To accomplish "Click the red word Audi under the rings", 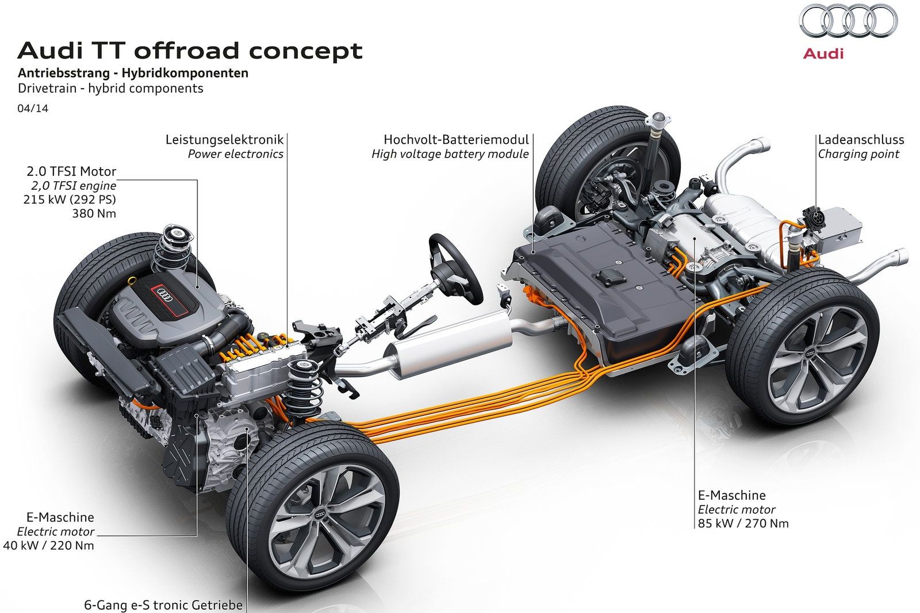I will click(x=823, y=53).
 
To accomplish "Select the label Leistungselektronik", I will click(x=224, y=140).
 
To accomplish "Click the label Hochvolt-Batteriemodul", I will click(x=456, y=140).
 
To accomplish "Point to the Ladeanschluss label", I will click(x=861, y=140).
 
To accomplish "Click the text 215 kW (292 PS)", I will click(x=70, y=200).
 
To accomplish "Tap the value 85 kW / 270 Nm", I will click(x=743, y=523).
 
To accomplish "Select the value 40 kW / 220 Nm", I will click(x=48, y=545).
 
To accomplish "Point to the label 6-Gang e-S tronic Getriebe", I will click(x=163, y=605).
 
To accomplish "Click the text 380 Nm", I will click(x=94, y=213).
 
